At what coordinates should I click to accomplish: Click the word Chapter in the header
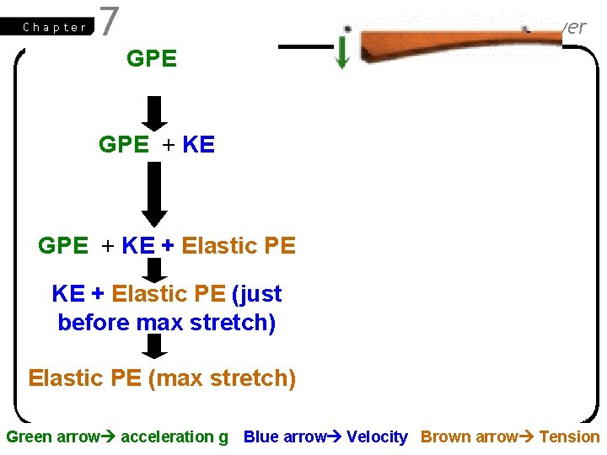55,27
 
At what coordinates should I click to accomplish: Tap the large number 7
109,23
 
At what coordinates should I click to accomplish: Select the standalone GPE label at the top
151,59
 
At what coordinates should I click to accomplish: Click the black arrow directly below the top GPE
153,112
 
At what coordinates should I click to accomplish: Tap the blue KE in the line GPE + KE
198,145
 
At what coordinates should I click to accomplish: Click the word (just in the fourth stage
256,294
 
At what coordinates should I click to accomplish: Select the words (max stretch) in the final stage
222,378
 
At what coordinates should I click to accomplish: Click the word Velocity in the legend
377,436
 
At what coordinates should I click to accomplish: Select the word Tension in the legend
569,436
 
